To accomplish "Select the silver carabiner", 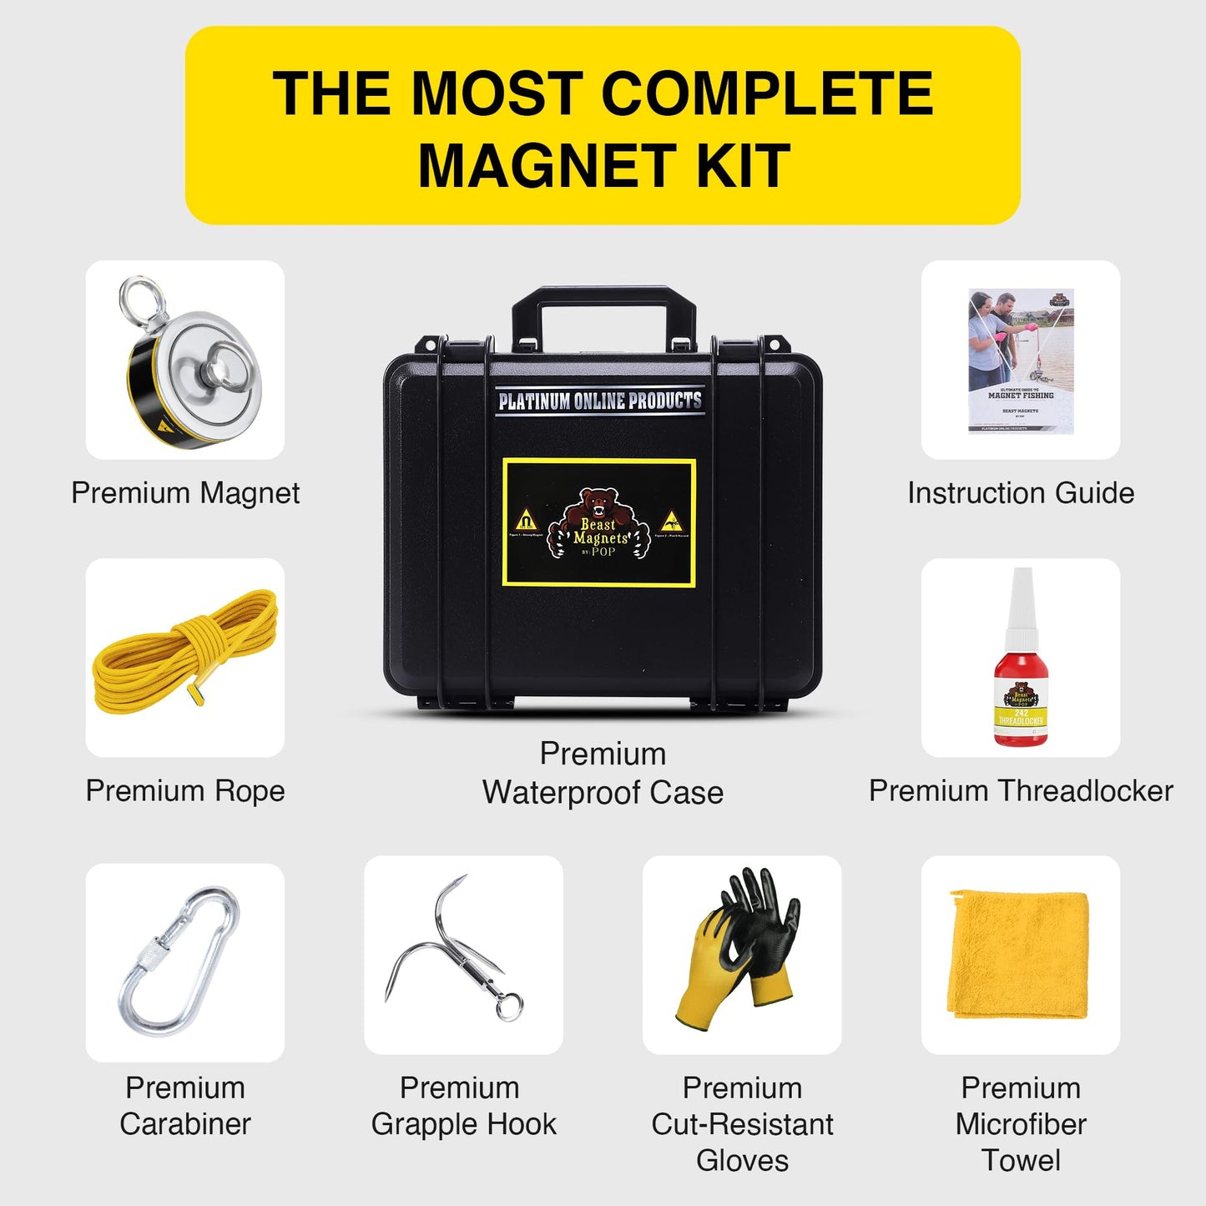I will [179, 960].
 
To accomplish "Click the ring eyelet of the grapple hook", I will [509, 1006].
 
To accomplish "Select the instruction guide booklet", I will [1021, 361].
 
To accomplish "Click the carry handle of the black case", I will [603, 300].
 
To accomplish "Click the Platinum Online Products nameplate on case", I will [599, 401].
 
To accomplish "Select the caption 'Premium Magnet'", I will [185, 492].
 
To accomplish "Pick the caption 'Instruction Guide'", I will [1021, 492].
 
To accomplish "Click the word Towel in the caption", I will [1021, 1160].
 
